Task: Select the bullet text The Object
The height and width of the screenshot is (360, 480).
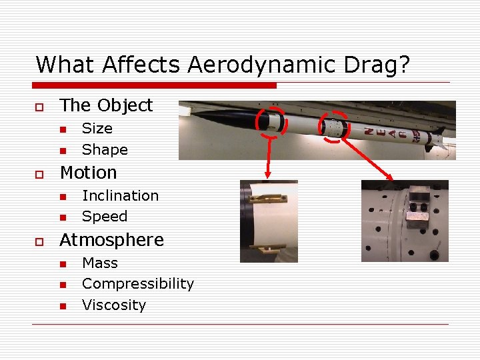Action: [106, 105]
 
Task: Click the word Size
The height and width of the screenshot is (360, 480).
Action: [97, 128]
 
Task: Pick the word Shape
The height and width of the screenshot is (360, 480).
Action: [104, 149]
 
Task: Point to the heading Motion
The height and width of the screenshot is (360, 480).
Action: [88, 173]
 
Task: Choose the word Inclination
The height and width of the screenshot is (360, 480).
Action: [120, 195]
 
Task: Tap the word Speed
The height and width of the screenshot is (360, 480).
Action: [104, 216]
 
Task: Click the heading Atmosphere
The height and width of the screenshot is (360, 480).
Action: [111, 240]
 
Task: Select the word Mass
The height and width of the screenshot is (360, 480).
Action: [99, 263]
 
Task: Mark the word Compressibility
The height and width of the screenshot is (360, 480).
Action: [137, 283]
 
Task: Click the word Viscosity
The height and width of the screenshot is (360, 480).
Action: [113, 305]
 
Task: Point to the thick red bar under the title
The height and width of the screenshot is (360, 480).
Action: [155, 85]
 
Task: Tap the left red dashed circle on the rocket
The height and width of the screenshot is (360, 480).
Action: [271, 122]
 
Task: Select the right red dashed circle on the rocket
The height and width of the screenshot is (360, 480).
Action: [333, 126]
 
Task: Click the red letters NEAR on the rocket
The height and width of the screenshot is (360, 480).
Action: [390, 134]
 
